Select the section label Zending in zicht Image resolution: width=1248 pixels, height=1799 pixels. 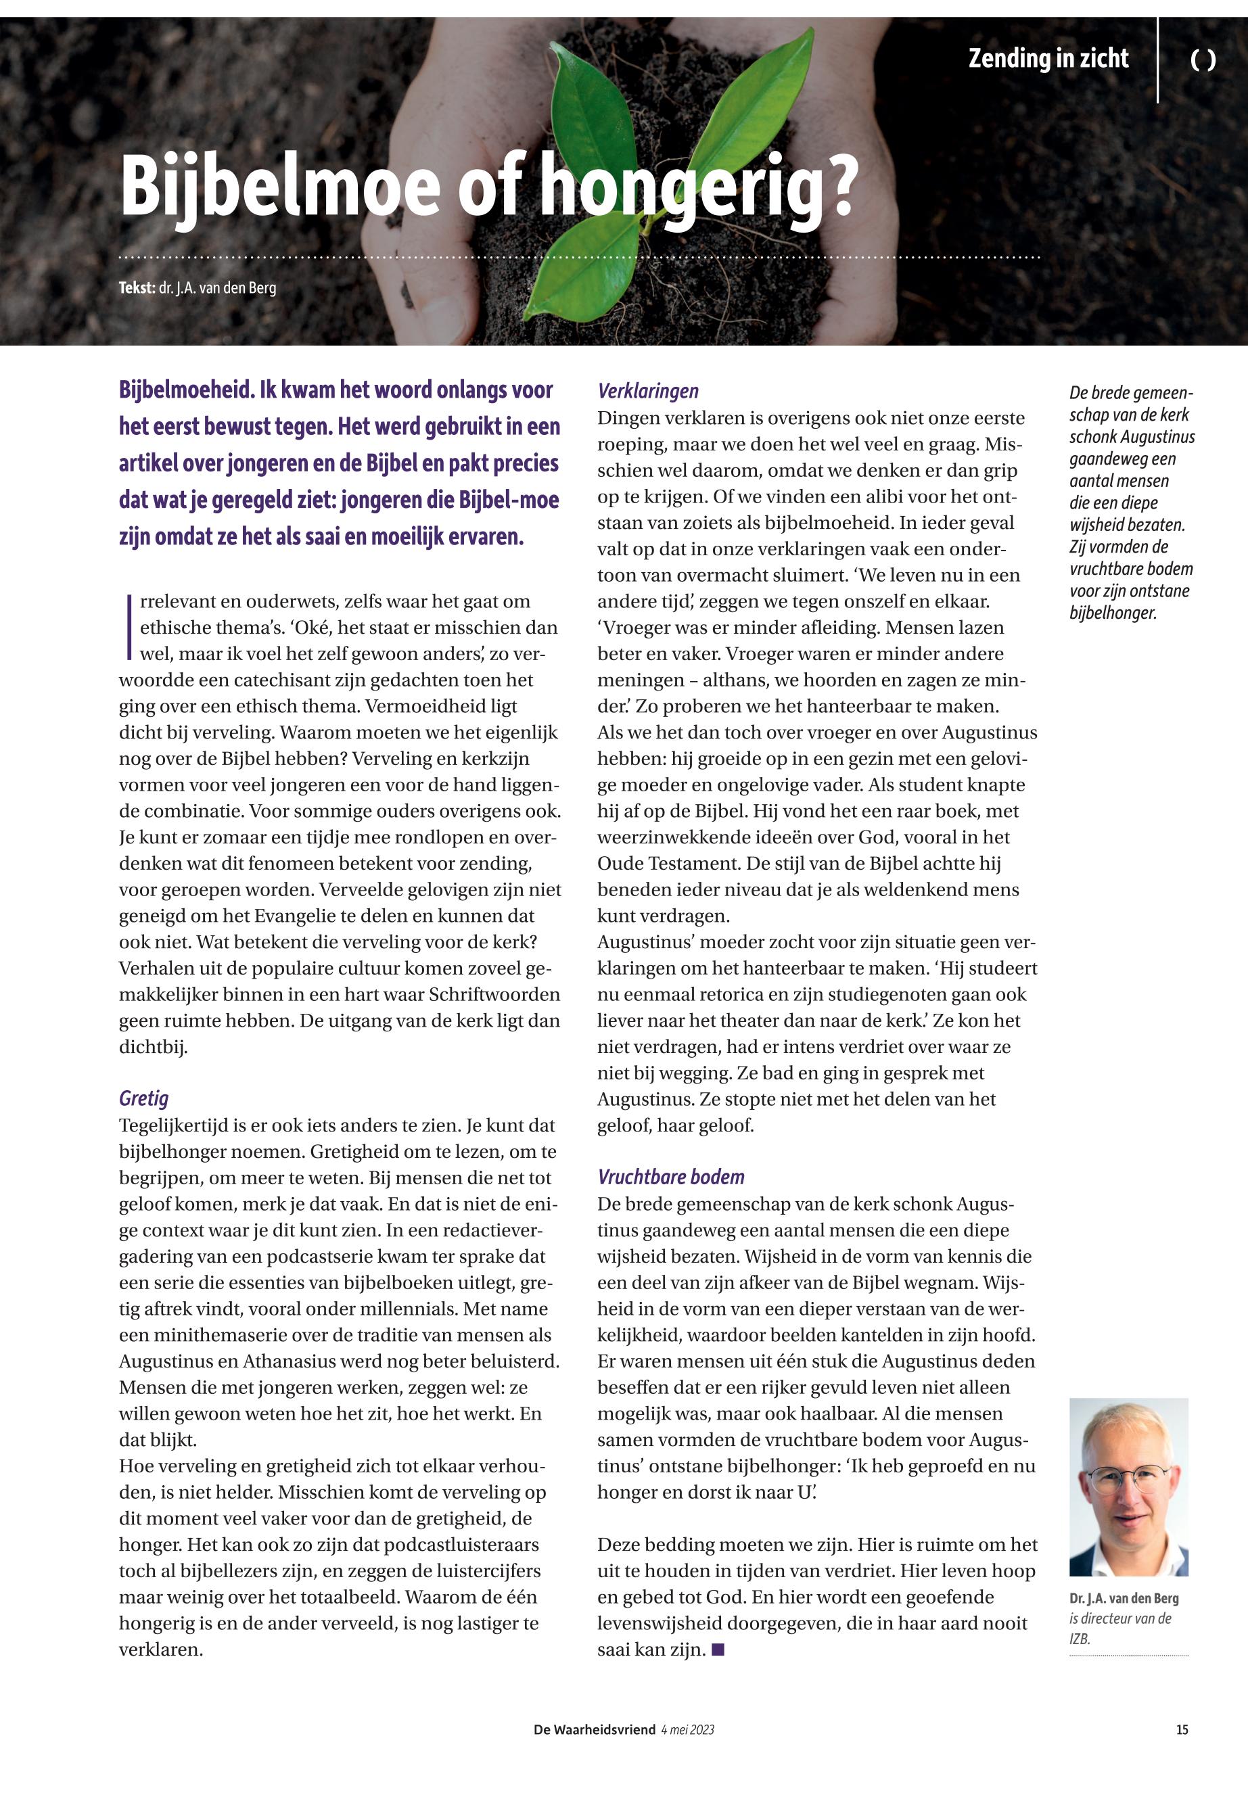click(1048, 59)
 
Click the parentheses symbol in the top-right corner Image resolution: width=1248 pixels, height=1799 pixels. click(1203, 60)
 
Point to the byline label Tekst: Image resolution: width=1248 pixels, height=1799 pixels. click(137, 287)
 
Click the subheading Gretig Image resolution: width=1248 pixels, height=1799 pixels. click(144, 1098)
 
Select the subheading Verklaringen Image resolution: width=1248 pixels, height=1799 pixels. click(648, 391)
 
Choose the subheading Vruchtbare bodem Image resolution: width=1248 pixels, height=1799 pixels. click(671, 1177)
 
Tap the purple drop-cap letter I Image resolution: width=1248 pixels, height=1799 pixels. click(127, 626)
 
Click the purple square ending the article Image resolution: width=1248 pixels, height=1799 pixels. click(718, 1650)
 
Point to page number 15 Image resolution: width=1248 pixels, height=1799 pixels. click(1182, 1729)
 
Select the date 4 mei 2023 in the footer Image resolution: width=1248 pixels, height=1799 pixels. click(687, 1729)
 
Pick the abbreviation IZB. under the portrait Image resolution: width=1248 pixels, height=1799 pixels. click(1079, 1639)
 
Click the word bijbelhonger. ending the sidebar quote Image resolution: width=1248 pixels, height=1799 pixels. click(1113, 613)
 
